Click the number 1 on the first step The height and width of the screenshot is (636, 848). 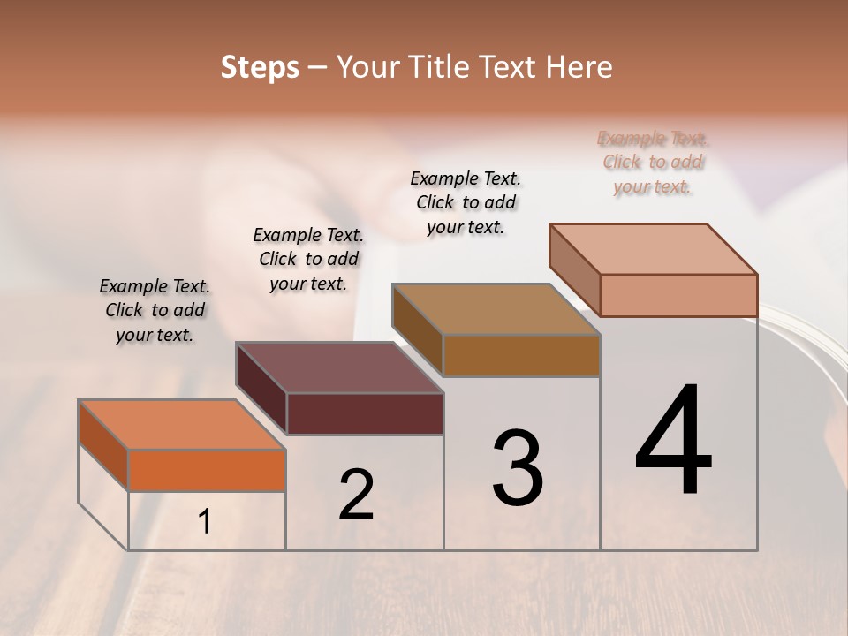pos(205,522)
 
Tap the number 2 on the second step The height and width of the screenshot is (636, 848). pos(356,494)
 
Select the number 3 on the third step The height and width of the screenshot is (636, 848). pos(517,468)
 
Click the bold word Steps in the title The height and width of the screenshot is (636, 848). pos(260,66)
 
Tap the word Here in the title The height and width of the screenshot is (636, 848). pos(580,66)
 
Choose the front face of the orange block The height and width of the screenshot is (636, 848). pos(207,470)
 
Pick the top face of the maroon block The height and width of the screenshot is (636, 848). pos(339,367)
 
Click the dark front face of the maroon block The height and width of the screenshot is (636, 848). pos(365,413)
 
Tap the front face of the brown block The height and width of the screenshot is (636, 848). pos(521,355)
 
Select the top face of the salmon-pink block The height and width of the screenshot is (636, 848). pos(654,248)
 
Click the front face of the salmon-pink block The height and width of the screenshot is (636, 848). pos(678,295)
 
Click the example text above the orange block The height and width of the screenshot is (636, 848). pos(155,310)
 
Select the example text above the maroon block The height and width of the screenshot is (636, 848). pos(308,259)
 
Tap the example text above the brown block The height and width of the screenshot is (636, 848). pos(466,202)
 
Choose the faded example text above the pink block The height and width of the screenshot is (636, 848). pos(653,162)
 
